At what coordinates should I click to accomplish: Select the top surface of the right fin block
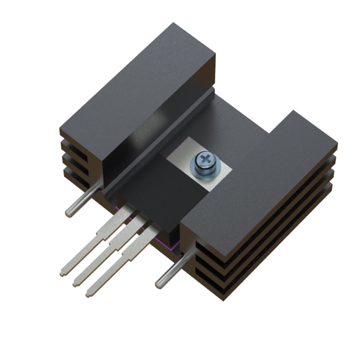click(259, 180)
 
